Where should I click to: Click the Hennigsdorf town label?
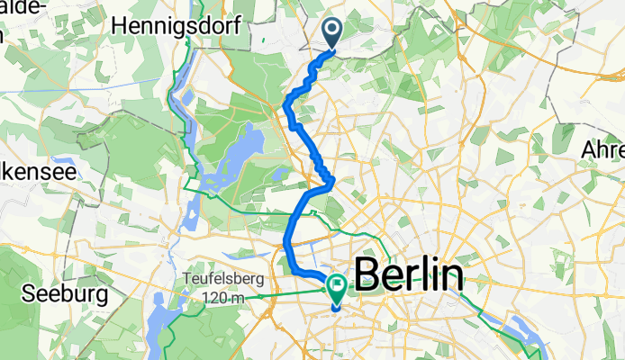[x=176, y=27]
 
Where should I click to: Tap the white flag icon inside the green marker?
[x=338, y=287]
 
